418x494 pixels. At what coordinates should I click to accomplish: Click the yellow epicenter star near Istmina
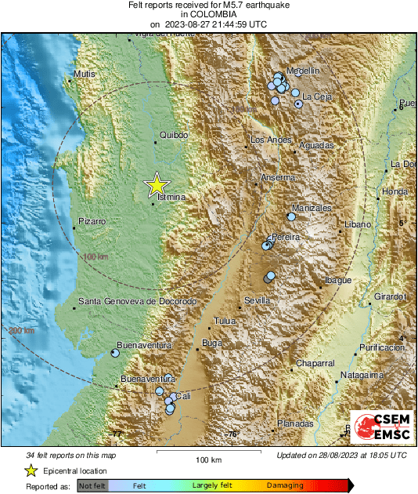click(x=157, y=185)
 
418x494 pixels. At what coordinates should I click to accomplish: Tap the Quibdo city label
click(x=174, y=136)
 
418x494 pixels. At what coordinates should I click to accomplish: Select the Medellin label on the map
click(x=303, y=71)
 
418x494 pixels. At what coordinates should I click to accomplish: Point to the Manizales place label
click(x=312, y=208)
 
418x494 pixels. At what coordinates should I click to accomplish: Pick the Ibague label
click(x=338, y=281)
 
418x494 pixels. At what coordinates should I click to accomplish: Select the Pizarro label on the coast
click(x=92, y=222)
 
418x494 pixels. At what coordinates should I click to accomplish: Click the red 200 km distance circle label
click(x=20, y=331)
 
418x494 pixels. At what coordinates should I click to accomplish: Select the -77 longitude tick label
click(x=117, y=434)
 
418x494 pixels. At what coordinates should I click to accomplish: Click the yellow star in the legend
click(x=31, y=470)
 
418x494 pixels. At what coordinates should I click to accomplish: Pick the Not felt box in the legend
click(x=92, y=486)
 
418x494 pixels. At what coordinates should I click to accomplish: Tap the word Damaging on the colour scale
click(x=279, y=486)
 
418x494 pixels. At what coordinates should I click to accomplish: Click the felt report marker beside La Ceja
click(x=298, y=104)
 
